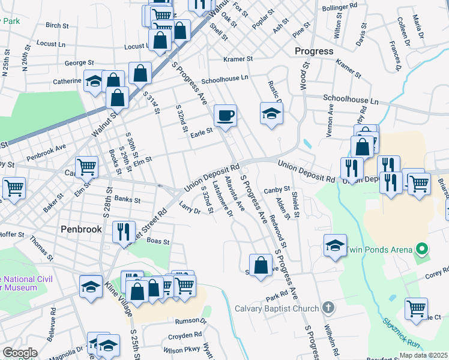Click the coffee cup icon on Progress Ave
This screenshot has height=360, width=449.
(x=225, y=115)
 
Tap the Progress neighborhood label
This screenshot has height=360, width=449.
(x=314, y=51)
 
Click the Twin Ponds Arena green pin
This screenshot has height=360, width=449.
(x=421, y=250)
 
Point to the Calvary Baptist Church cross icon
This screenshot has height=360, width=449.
(x=328, y=308)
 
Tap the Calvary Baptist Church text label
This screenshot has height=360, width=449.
(x=276, y=309)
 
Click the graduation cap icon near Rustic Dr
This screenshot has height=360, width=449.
(x=271, y=112)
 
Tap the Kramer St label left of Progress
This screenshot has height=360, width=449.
(x=238, y=59)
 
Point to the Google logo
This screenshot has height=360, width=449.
(x=19, y=353)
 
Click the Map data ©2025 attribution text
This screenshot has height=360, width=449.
(x=423, y=355)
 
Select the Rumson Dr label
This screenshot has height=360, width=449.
(x=191, y=321)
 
